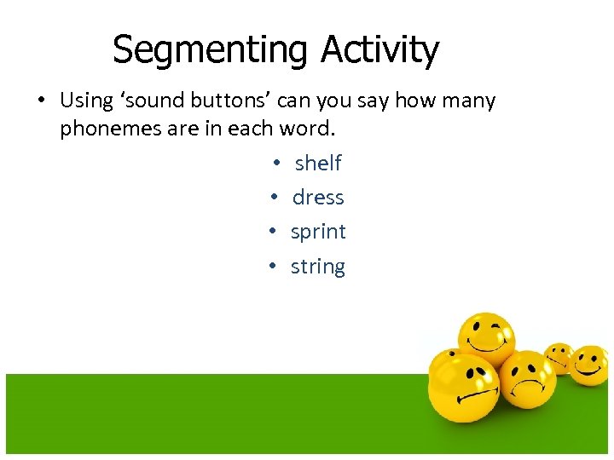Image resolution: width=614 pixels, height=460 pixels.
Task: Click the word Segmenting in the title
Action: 212,50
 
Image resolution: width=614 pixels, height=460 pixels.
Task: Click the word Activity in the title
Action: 379,50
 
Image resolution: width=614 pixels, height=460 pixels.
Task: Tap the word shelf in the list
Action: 318,163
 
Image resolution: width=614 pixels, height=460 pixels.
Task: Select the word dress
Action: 318,198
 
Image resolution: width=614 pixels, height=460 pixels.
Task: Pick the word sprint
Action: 318,233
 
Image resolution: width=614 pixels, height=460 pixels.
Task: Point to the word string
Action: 318,267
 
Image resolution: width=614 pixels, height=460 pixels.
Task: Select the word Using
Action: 86,101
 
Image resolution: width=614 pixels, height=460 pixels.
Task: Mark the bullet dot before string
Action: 270,267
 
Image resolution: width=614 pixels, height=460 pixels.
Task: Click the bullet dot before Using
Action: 40,101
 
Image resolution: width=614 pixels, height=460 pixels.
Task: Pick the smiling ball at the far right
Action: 589,364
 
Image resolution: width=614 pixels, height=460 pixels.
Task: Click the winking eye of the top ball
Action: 498,327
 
